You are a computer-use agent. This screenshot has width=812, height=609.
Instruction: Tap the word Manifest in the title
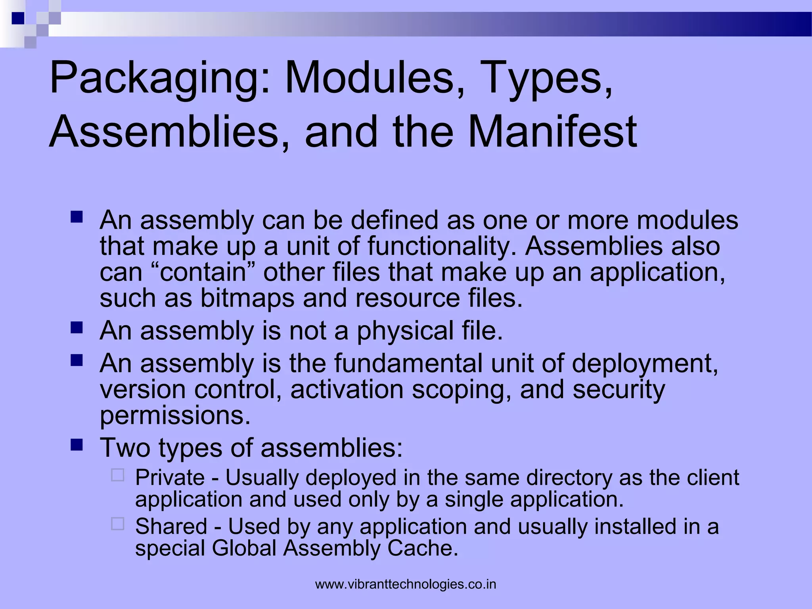click(552, 132)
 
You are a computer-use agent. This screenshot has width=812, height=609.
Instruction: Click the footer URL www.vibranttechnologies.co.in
click(406, 584)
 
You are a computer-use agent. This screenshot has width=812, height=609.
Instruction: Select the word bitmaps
click(247, 298)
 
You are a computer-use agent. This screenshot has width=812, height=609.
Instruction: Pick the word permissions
click(175, 416)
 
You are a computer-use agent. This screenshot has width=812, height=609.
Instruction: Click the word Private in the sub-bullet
click(170, 477)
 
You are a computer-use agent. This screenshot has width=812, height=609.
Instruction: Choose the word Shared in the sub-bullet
click(171, 527)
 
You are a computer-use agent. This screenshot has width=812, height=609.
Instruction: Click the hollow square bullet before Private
click(118, 475)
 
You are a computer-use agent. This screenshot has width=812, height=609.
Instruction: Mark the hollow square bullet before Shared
click(118, 524)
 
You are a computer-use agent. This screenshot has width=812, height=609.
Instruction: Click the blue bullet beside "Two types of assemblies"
click(77, 445)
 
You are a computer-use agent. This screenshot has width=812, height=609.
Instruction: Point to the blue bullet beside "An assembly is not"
click(77, 327)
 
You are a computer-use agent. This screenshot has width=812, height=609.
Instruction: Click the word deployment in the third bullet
click(645, 363)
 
